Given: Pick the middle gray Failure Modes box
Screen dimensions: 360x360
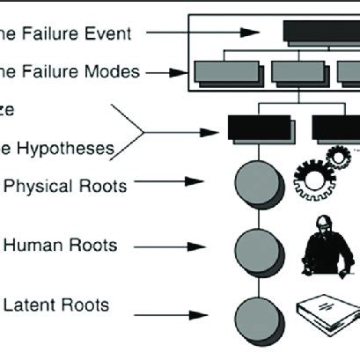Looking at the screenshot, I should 297,71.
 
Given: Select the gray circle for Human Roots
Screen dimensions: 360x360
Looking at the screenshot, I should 254,246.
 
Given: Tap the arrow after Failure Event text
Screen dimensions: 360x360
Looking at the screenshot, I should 177,33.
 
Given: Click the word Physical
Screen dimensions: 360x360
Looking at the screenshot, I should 35,186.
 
